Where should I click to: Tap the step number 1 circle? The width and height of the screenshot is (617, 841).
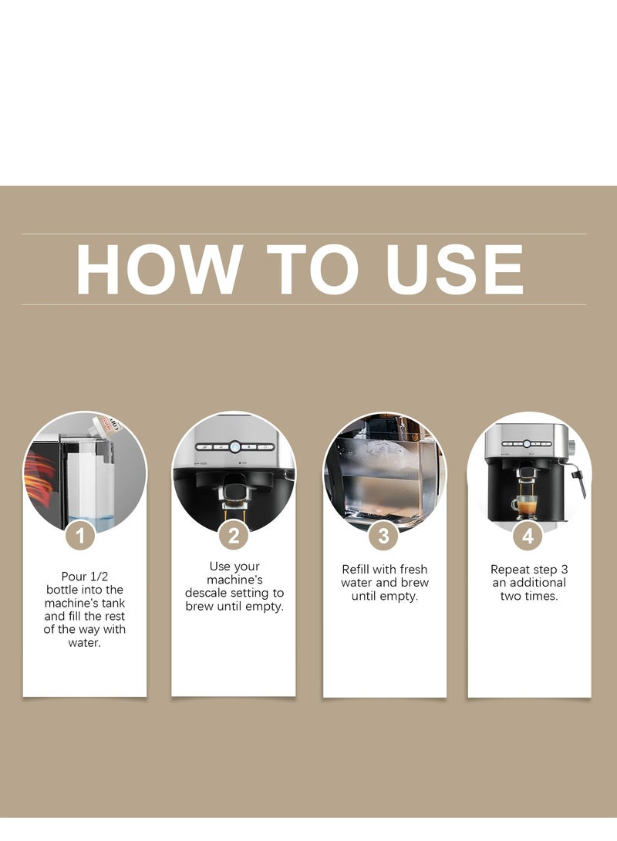coord(80,535)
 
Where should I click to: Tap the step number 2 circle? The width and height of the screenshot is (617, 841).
coord(234,535)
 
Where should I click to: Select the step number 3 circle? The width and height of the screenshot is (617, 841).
coord(383,535)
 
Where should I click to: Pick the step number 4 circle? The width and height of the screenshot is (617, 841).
coord(528,535)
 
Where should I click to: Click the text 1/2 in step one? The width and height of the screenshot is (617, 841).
coord(99,577)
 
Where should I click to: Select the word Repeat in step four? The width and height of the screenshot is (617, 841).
coord(510,570)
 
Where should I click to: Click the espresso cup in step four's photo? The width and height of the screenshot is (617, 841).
coord(524,506)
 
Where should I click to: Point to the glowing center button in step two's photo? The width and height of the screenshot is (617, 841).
coord(235,447)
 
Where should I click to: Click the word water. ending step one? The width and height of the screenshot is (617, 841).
coord(84,643)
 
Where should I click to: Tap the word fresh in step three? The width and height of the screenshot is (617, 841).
coord(413,569)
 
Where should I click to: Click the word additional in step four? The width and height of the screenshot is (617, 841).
coord(538,583)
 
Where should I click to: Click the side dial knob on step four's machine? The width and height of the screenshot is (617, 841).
coord(571,446)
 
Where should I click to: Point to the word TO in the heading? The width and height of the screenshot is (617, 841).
coord(312,269)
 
